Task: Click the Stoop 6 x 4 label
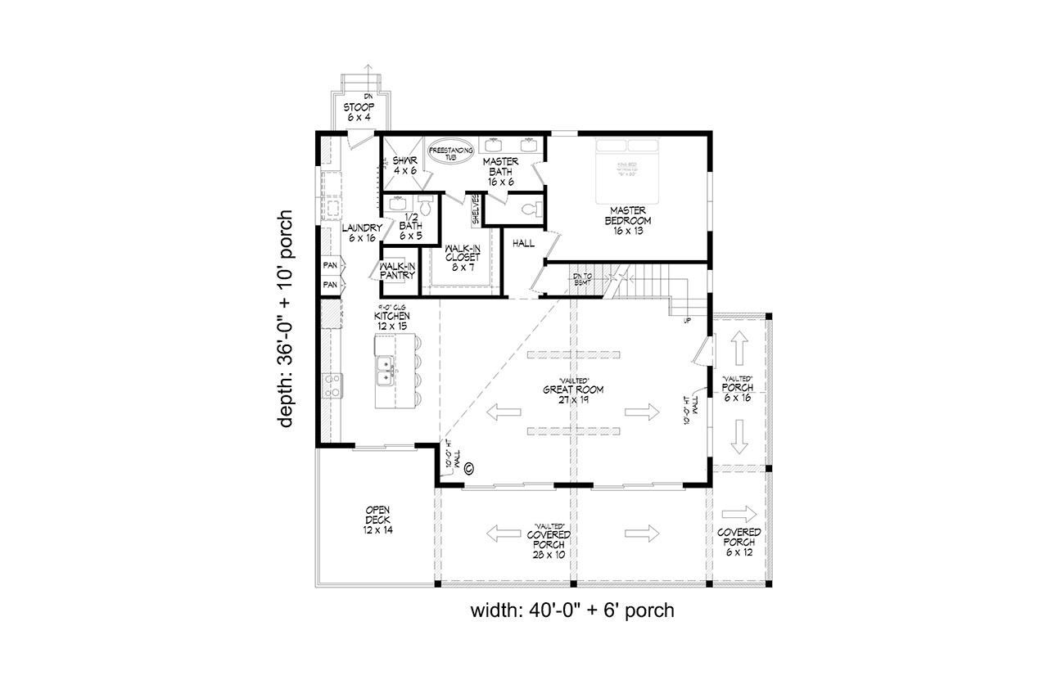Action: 357,112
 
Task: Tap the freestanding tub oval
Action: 448,153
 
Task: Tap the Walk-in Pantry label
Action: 398,271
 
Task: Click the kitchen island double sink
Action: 385,372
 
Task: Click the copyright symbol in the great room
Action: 469,469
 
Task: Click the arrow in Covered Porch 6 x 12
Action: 740,513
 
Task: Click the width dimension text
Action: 572,610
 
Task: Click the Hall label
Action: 523,243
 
